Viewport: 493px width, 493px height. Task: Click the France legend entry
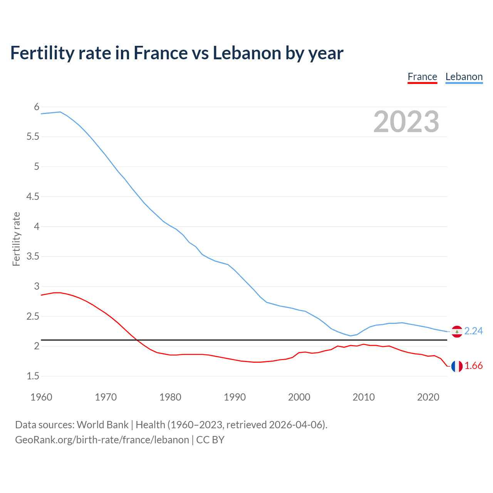(422, 77)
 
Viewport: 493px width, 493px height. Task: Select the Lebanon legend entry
(464, 77)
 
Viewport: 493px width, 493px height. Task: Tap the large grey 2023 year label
(406, 122)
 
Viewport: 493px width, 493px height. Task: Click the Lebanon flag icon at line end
(457, 331)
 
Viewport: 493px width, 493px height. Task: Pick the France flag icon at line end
(457, 366)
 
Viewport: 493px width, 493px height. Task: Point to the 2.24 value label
(473, 331)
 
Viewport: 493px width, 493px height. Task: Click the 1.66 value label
(473, 366)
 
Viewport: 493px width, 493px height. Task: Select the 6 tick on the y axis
(37, 107)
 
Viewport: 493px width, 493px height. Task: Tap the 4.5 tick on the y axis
(33, 197)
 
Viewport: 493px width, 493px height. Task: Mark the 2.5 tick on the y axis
(33, 317)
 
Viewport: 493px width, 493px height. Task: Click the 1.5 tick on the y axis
(33, 376)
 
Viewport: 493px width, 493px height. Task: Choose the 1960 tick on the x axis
(41, 397)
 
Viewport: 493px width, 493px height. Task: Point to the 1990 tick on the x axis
(235, 397)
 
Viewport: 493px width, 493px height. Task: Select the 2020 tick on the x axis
(428, 397)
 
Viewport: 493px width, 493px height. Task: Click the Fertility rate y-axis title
(16, 239)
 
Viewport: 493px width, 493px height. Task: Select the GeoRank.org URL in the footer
(102, 440)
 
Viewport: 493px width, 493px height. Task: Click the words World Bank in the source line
(102, 425)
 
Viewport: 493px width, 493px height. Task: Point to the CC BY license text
(210, 440)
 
